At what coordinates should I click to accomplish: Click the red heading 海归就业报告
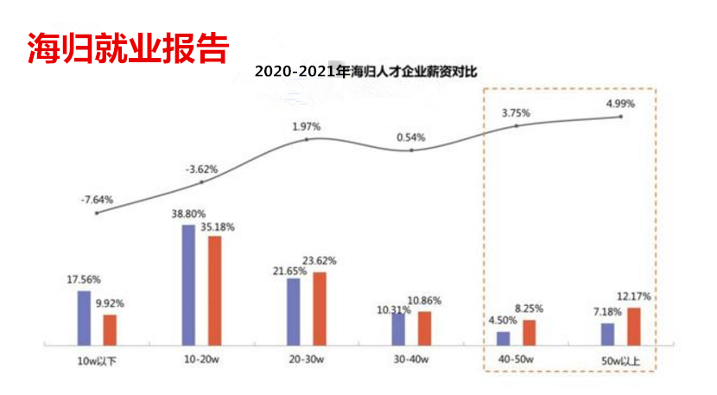click(x=127, y=48)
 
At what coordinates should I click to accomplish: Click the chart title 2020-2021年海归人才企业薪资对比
click(x=366, y=70)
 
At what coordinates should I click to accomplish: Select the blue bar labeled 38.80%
click(x=188, y=284)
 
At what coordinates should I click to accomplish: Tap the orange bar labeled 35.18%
click(x=214, y=290)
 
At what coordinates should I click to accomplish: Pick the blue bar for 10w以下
click(x=84, y=317)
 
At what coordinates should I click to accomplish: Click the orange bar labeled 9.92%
click(x=110, y=329)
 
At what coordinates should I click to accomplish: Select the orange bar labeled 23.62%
click(x=320, y=308)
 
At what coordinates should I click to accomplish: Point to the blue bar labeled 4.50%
click(x=503, y=338)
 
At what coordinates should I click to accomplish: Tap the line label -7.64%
click(x=97, y=199)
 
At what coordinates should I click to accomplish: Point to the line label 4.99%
click(x=620, y=104)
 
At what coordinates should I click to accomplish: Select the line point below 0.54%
click(x=411, y=150)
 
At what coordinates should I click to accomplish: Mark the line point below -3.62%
click(x=202, y=182)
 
